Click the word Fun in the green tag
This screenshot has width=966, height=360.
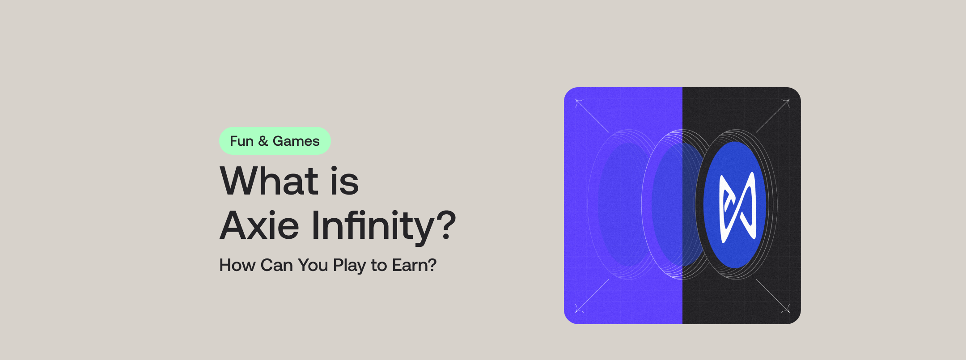tap(241, 141)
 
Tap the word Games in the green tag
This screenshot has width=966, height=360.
tap(296, 141)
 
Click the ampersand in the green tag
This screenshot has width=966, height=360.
tap(263, 141)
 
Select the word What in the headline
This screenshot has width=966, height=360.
tap(269, 181)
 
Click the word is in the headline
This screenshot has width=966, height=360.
tap(344, 181)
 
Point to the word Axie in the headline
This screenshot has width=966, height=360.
tap(259, 225)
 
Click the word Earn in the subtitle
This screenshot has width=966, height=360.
tap(410, 265)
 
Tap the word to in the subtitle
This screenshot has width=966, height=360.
tap(378, 265)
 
